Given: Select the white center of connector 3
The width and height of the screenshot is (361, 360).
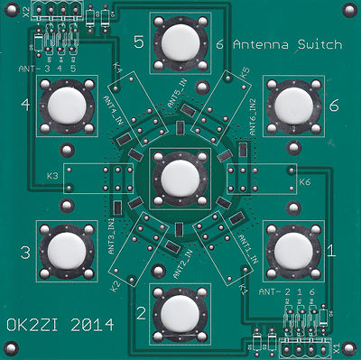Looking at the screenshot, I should tap(66, 249).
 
